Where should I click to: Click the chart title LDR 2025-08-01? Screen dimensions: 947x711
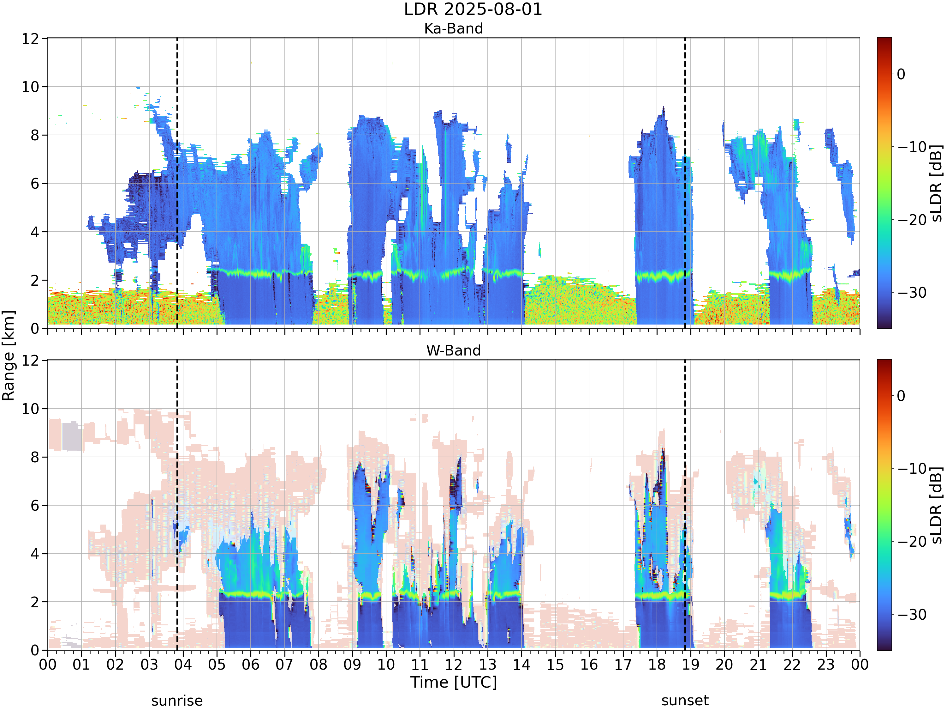(x=473, y=9)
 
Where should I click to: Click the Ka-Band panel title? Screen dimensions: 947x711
(x=453, y=28)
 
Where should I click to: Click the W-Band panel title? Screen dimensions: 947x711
(x=453, y=350)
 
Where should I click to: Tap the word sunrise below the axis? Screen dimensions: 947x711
(x=177, y=701)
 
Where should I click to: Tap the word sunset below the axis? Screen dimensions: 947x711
(x=685, y=701)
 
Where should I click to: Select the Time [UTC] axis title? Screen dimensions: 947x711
(x=453, y=682)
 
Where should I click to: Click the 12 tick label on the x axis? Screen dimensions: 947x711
(x=453, y=665)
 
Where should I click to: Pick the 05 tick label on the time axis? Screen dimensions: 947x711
(x=217, y=665)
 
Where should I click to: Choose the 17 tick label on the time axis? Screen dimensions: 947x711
(x=622, y=665)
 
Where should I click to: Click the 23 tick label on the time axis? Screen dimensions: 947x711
(x=826, y=665)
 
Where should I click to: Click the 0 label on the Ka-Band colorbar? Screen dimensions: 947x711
(x=901, y=74)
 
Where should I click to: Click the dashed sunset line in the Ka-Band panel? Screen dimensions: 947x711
(x=685, y=183)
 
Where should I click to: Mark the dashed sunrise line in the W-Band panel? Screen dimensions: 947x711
(x=177, y=505)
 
